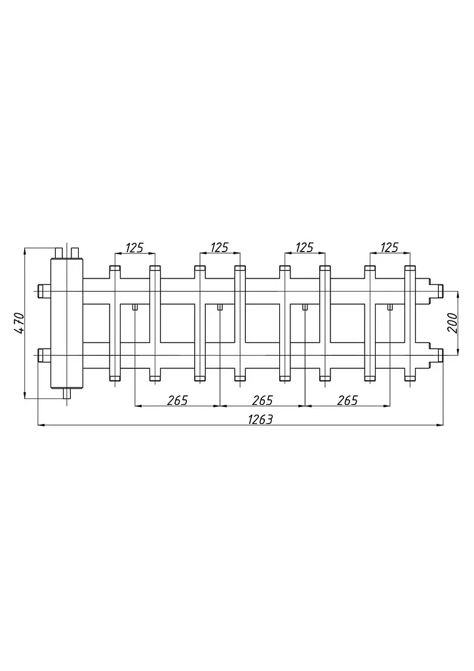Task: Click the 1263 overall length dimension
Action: coord(260,419)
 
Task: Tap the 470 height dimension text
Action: coord(19,324)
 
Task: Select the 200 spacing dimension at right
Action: coord(452,323)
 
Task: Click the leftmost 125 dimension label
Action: coord(134,248)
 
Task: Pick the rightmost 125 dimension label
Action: coord(389,248)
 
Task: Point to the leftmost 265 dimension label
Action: coord(178,400)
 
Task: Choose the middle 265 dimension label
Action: coord(262,400)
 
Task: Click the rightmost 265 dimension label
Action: coord(347,400)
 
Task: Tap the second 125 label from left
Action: coord(219,248)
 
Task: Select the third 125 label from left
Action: coord(304,248)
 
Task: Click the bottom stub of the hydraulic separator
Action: coord(67,393)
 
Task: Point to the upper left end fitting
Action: coord(45,291)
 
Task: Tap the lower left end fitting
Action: coord(45,355)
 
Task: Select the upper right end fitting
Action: coord(437,291)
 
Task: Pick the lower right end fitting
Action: coord(437,355)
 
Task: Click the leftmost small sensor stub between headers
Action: coord(135,307)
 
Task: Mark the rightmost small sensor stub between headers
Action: coord(390,307)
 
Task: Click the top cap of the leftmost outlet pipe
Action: coord(115,269)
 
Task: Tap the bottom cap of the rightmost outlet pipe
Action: coord(410,378)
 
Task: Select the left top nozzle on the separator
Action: coord(59,253)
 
